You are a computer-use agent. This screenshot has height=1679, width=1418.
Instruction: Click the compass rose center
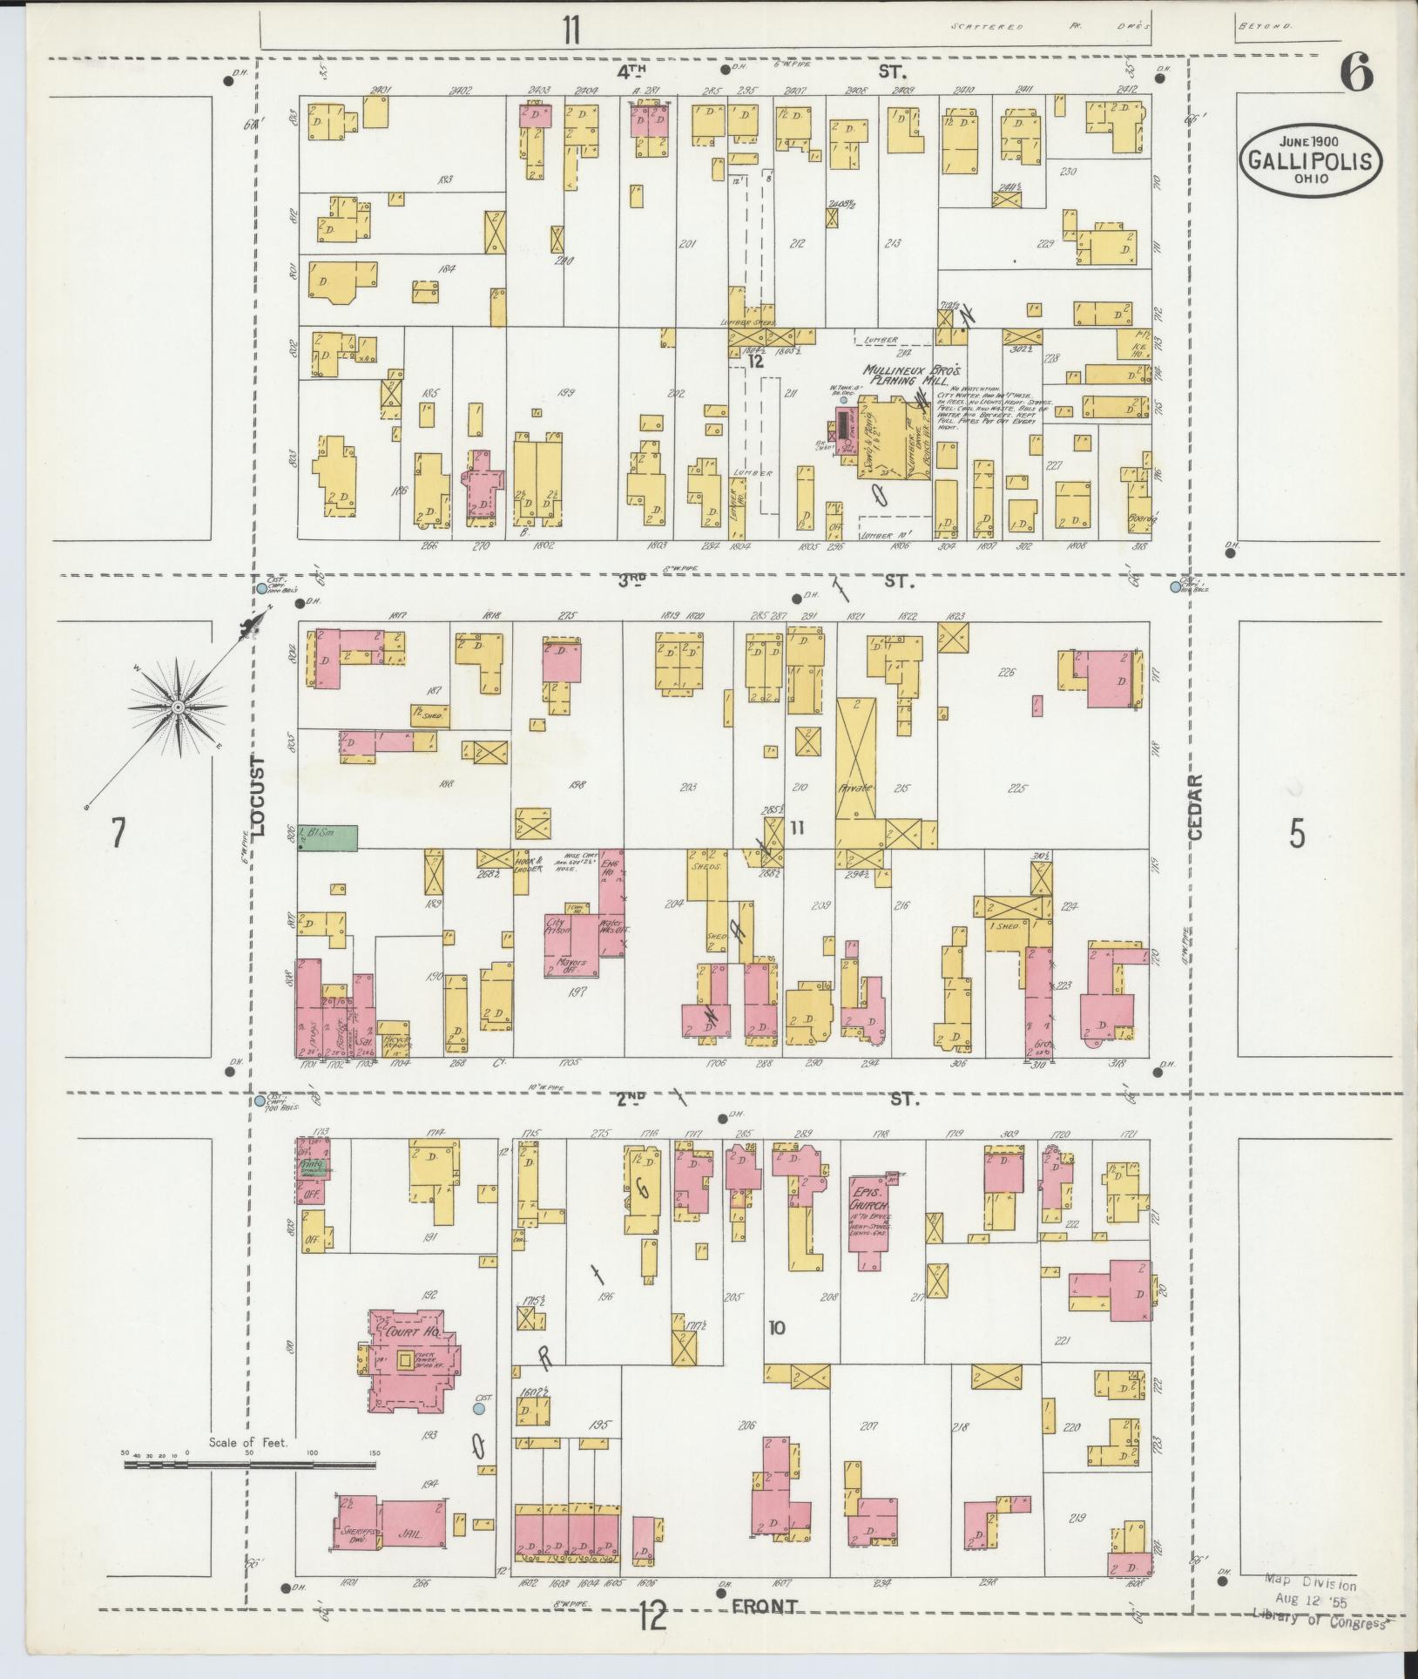point(178,707)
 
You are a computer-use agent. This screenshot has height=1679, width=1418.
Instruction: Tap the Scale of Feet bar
point(250,1466)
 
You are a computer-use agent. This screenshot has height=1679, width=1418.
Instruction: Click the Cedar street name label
point(1194,807)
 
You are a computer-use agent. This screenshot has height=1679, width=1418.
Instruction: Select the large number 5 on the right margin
point(1297,834)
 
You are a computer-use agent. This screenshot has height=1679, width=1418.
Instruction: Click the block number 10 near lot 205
point(777,1352)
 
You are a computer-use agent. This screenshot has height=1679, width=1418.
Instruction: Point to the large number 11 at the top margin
point(570,30)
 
